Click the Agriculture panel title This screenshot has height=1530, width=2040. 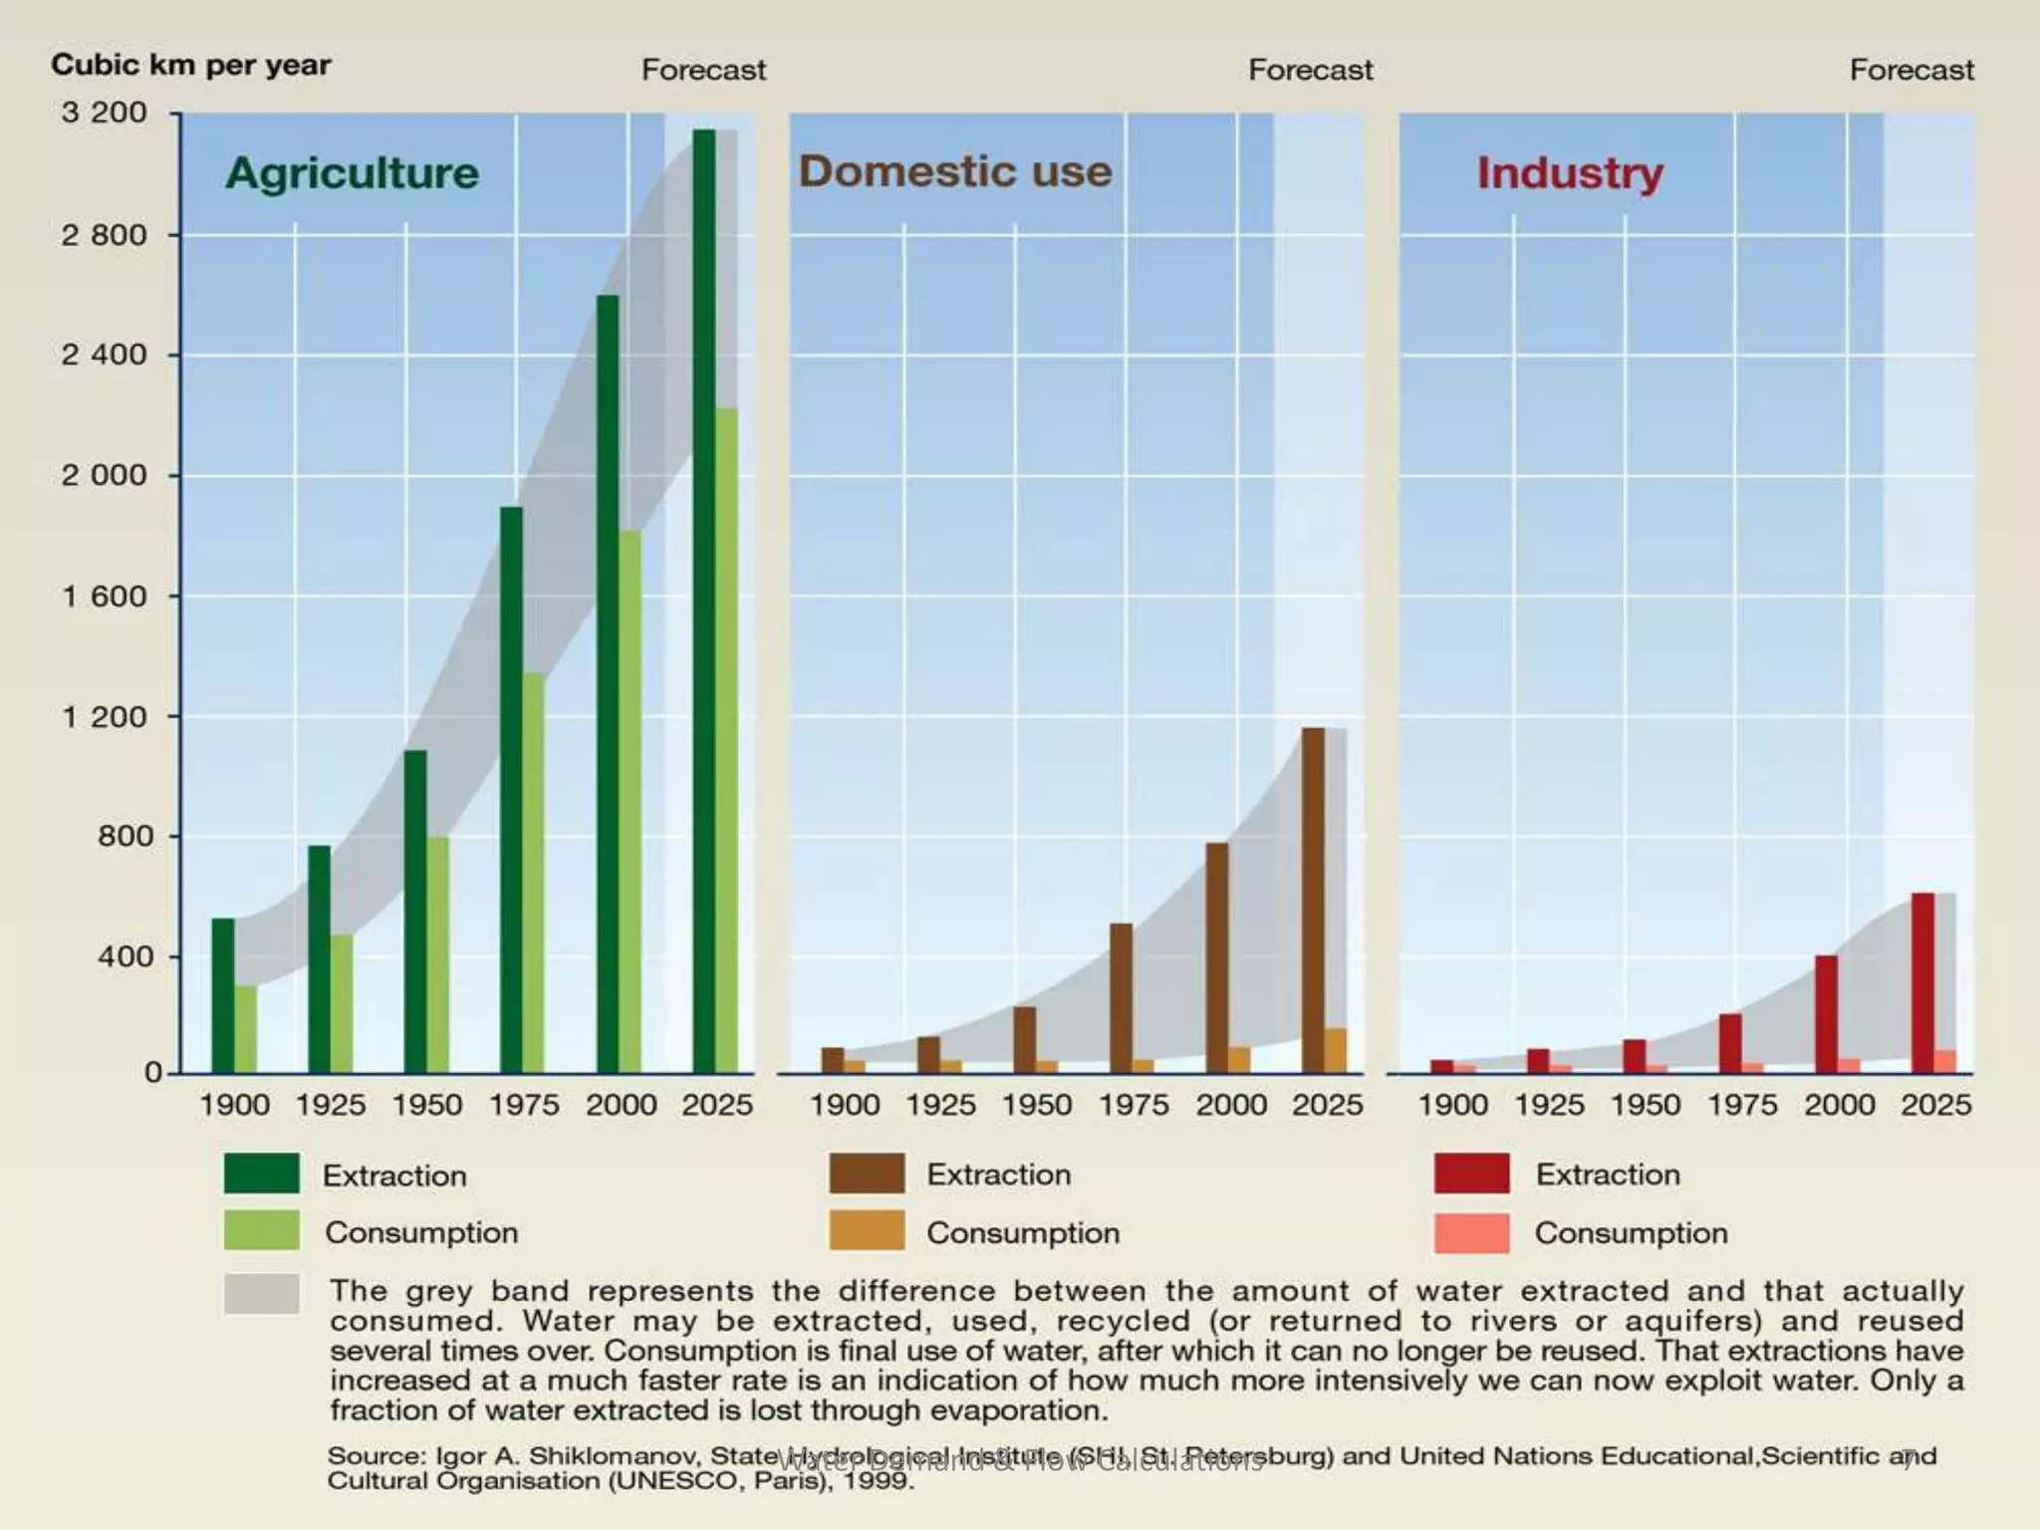(352, 173)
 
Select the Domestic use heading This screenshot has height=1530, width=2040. (954, 171)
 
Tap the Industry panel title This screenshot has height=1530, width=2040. (1570, 173)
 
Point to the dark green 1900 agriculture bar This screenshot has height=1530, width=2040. (223, 995)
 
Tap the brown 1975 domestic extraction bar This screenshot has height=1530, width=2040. (1121, 997)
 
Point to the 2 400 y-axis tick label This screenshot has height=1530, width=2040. (104, 355)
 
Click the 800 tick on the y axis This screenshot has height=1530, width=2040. (126, 836)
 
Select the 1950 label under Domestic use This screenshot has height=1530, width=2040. (1037, 1105)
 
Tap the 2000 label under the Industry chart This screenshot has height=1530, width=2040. (1839, 1105)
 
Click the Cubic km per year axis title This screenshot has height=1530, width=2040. (190, 66)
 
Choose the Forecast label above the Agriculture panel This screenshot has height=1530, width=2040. (703, 70)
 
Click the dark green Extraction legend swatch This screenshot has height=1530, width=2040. (261, 1173)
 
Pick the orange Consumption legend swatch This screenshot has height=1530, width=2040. (867, 1230)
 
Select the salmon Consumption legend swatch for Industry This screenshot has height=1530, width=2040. (1471, 1232)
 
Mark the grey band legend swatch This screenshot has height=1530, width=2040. (261, 1294)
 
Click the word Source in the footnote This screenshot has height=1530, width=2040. (374, 1455)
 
